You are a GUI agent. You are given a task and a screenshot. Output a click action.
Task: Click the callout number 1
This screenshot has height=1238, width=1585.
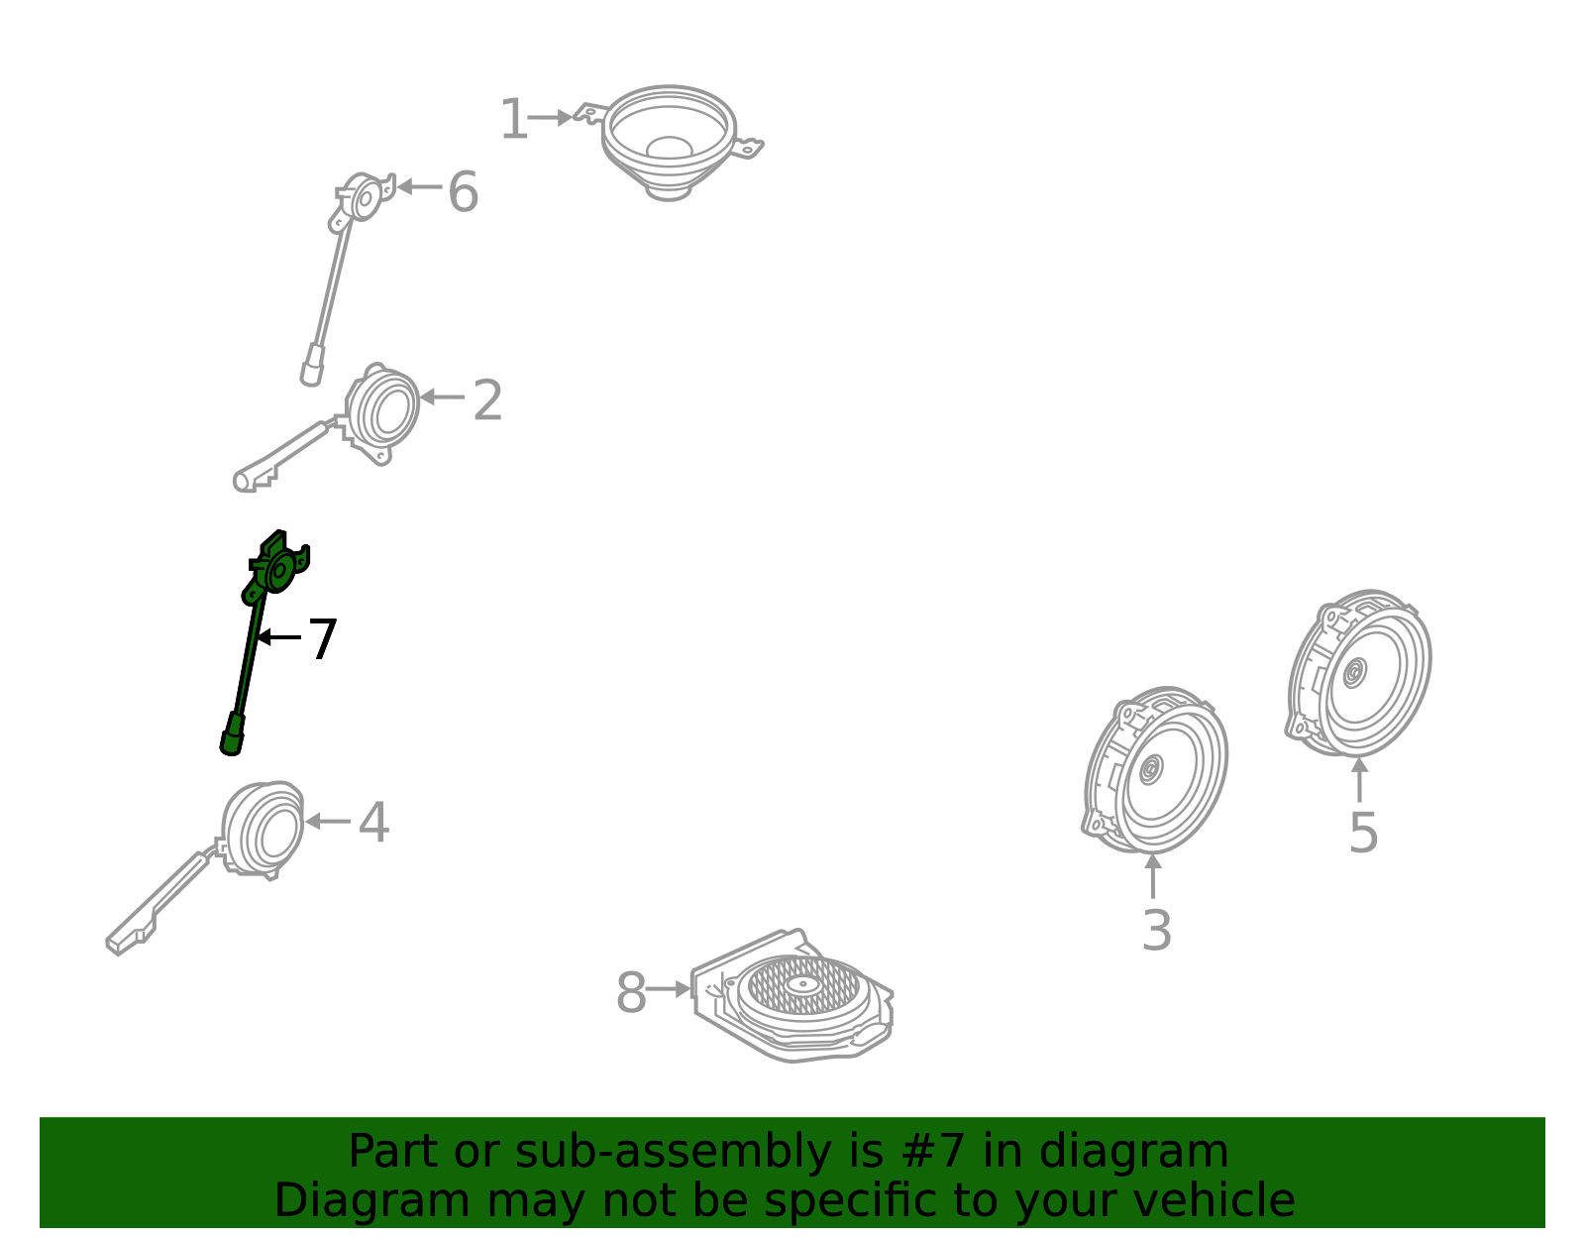tap(513, 119)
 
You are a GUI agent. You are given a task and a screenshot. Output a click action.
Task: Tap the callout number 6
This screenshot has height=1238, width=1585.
tap(464, 192)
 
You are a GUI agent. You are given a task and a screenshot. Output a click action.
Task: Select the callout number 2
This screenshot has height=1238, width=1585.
tap(487, 399)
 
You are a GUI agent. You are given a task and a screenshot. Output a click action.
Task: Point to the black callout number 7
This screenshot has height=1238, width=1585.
tap(322, 639)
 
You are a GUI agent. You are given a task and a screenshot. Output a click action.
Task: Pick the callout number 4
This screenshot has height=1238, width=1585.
tap(373, 822)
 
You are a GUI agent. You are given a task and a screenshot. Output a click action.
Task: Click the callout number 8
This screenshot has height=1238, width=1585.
tap(631, 992)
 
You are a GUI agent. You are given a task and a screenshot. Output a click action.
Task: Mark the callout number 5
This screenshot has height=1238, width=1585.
tap(1362, 833)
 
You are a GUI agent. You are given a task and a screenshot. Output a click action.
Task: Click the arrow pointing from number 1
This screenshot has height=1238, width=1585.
tap(550, 117)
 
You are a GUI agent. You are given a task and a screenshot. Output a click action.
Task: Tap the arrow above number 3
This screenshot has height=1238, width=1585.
tap(1152, 876)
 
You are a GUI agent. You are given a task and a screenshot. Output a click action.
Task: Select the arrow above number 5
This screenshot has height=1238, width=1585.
tap(1359, 780)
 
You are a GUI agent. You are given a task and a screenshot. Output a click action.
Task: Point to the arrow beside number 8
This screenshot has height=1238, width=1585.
tap(668, 988)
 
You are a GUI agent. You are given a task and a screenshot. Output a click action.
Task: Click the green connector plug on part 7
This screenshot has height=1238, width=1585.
tap(232, 734)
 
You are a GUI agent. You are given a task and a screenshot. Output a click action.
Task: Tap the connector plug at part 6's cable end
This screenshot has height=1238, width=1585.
tap(312, 365)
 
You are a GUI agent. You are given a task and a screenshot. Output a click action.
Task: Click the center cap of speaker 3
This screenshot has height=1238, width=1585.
tap(1150, 769)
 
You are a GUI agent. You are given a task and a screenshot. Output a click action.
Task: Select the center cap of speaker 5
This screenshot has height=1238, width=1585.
tap(1354, 673)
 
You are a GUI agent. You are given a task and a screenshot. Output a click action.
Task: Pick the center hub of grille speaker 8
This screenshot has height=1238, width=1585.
tap(803, 984)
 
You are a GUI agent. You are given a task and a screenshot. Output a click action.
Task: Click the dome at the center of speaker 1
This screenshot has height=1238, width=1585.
tap(669, 148)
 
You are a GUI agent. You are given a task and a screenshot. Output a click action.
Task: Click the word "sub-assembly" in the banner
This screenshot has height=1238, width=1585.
tap(673, 1151)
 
